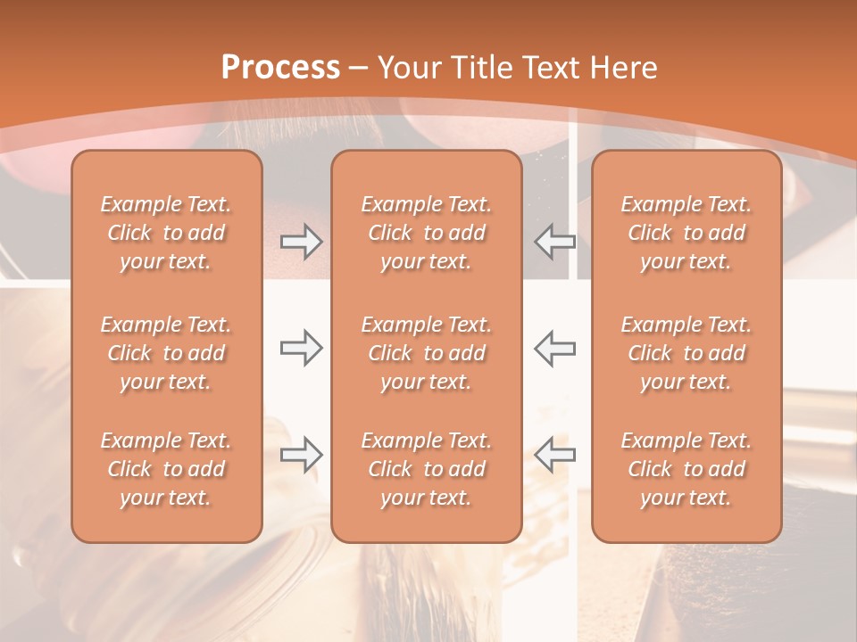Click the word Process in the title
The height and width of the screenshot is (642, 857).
pyautogui.click(x=280, y=68)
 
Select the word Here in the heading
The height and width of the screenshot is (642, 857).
pyautogui.click(x=625, y=68)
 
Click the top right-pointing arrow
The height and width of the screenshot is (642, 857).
pyautogui.click(x=301, y=242)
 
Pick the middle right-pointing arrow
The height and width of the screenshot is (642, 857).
pyautogui.click(x=301, y=348)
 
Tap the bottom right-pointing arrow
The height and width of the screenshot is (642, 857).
pyautogui.click(x=301, y=455)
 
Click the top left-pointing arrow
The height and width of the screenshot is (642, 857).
pyautogui.click(x=555, y=242)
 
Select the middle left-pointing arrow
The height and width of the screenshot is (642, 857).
pyautogui.click(x=555, y=348)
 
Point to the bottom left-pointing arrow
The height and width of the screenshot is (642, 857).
pyautogui.click(x=555, y=455)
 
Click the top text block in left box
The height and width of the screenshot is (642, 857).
pyautogui.click(x=166, y=233)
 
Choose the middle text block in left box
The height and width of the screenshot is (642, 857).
pyautogui.click(x=166, y=353)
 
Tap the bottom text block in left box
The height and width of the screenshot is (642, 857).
pyautogui.click(x=166, y=469)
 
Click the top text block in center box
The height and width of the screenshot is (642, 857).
pyautogui.click(x=427, y=233)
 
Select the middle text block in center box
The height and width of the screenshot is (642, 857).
pyautogui.click(x=427, y=353)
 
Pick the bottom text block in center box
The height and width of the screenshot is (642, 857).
pyautogui.click(x=427, y=469)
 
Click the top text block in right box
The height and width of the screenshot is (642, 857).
pyautogui.click(x=686, y=233)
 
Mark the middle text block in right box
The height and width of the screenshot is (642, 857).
pyautogui.click(x=686, y=353)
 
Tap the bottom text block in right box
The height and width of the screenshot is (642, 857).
pyautogui.click(x=686, y=469)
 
